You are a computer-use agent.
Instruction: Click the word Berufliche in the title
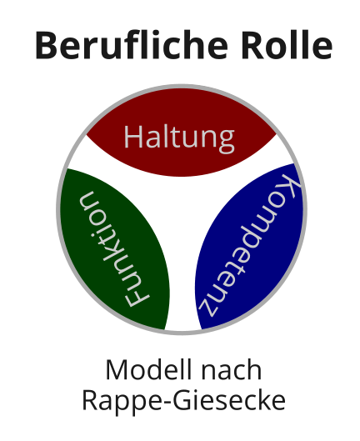click(132, 45)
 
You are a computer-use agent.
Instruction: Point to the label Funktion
click(113, 249)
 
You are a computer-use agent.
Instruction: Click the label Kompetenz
click(250, 245)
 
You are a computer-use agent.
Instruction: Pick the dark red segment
click(182, 133)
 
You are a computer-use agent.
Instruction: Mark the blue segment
click(250, 246)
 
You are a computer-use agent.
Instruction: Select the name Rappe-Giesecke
click(183, 400)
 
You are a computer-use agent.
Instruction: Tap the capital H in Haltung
click(133, 137)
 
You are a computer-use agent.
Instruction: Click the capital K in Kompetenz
click(290, 187)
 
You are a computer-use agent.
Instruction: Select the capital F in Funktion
click(137, 298)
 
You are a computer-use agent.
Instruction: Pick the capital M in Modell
click(117, 369)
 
